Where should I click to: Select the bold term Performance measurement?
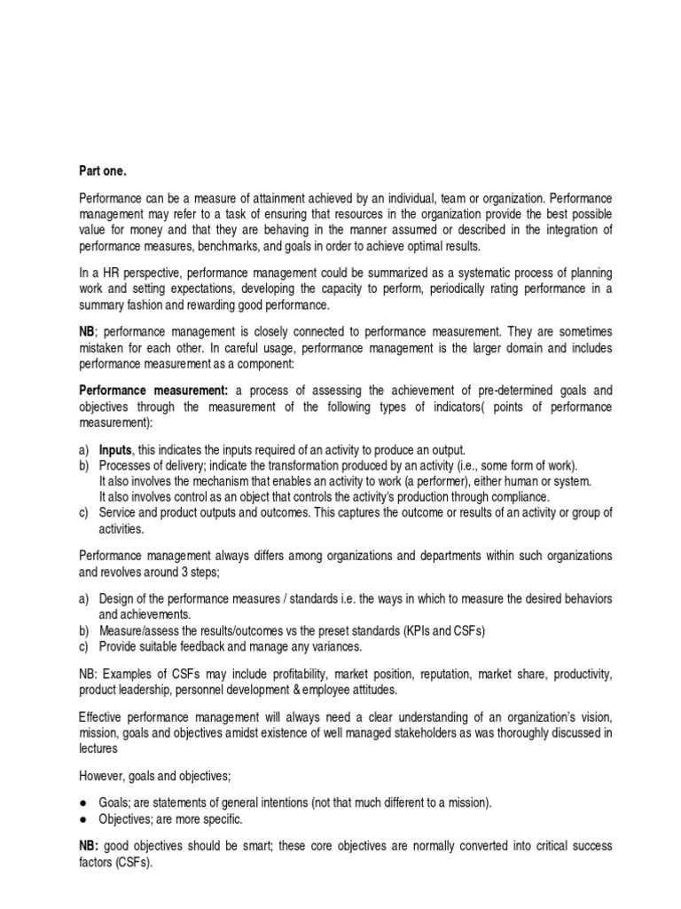[x=154, y=390]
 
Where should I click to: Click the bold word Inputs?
[x=114, y=449]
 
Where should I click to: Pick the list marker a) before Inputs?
[x=85, y=449]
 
